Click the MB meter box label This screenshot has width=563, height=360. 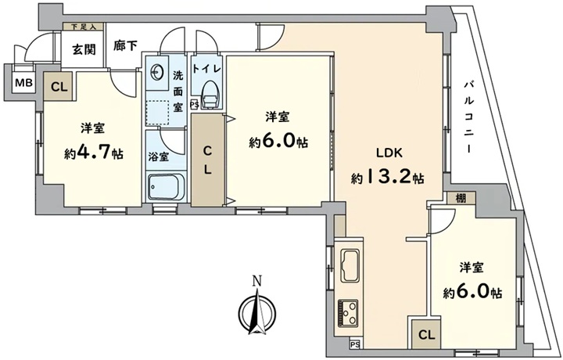[23, 84]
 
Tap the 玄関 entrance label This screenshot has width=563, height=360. [84, 50]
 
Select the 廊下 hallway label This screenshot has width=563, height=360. [125, 45]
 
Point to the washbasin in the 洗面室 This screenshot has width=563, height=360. [157, 74]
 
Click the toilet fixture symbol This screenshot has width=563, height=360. [210, 95]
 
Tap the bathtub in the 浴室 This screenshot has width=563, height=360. [167, 187]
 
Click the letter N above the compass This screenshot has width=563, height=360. [256, 281]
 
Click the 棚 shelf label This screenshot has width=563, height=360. [461, 198]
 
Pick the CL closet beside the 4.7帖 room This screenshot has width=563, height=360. [59, 87]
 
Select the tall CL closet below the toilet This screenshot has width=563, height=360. [208, 160]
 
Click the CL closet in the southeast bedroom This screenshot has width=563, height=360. [427, 335]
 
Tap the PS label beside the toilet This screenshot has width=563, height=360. [194, 106]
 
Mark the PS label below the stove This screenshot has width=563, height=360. [355, 344]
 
